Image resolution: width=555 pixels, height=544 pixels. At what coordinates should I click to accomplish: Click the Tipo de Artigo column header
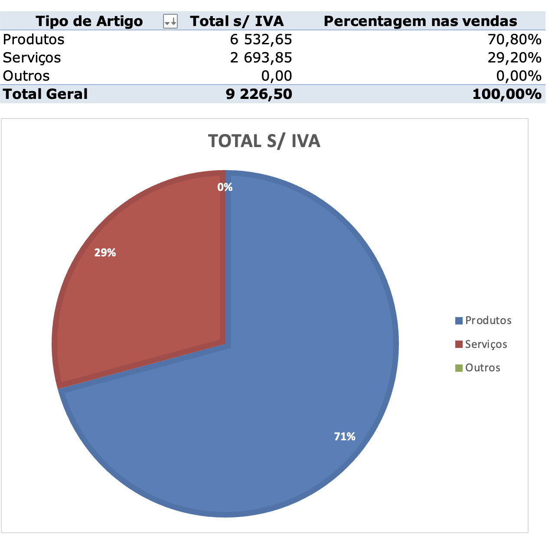coord(89,21)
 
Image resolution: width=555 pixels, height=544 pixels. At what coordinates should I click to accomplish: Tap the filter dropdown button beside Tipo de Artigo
coord(170,21)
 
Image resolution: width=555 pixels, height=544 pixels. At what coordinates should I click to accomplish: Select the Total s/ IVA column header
coord(237,21)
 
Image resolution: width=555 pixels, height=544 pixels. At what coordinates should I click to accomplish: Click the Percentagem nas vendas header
coord(420,21)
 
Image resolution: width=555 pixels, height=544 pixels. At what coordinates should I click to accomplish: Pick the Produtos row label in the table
coord(33,39)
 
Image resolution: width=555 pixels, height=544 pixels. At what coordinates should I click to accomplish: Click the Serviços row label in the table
coord(32,58)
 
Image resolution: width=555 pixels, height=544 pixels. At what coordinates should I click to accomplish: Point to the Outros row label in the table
coord(26,76)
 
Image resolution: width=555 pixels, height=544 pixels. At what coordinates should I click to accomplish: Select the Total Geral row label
coord(45,94)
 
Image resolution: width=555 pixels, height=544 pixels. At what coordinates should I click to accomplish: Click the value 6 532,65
coord(261,39)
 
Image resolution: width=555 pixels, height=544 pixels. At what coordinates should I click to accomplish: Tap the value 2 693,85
coord(261,58)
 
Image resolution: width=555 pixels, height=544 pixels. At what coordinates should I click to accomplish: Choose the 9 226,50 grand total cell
coord(259,94)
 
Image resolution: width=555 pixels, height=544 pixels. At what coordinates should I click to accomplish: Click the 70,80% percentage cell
coord(514,39)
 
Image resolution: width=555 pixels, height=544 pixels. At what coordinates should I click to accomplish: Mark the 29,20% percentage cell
coord(514,58)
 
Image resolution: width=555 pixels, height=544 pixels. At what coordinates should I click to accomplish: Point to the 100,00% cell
coord(506,94)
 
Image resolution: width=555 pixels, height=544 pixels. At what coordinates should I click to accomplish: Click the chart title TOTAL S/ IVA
coord(264,141)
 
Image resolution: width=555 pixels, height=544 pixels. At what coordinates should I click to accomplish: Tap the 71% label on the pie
coord(345,437)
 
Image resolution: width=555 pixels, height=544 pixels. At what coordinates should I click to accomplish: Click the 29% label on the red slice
coord(105,253)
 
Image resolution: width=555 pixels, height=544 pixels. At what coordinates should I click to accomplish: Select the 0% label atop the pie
coord(225,187)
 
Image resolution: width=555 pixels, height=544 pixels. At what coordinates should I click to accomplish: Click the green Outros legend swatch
coord(459,368)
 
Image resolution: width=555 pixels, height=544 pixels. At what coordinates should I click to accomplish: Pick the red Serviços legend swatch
coord(459,344)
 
